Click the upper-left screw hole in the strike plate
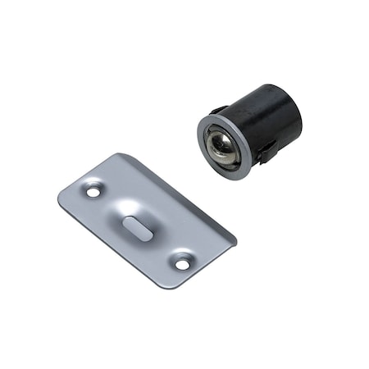92,190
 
